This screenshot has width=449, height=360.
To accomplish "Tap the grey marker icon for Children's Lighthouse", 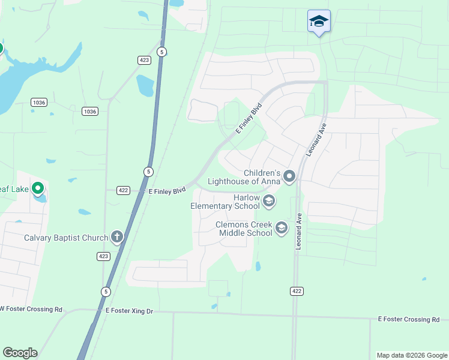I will [289, 176].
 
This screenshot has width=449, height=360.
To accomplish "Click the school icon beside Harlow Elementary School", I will [268, 201].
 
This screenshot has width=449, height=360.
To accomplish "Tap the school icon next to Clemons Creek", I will [281, 228].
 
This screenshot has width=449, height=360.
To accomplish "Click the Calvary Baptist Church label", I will [65, 238].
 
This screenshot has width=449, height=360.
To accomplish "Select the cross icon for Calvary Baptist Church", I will [116, 237].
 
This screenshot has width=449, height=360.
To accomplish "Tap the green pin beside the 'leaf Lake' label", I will [38, 190].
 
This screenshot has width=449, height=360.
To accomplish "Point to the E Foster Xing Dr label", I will [129, 311].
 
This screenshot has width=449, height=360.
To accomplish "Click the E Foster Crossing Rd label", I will [409, 320].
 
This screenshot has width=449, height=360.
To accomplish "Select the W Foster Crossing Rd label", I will [31, 309].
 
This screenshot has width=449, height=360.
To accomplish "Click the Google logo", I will [20, 353].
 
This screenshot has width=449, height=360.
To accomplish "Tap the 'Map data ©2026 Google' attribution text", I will [411, 355].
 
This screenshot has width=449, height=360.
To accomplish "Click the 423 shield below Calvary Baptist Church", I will [103, 256].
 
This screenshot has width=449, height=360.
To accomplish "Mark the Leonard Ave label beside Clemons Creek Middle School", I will [298, 233].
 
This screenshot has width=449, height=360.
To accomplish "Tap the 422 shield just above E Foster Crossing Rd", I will [297, 291].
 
